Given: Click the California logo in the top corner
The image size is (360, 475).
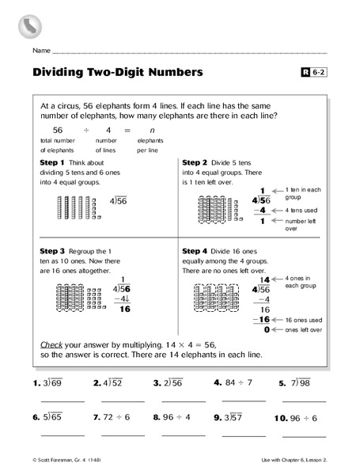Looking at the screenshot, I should [28, 25].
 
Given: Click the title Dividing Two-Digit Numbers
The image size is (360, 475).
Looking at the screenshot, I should [117, 72].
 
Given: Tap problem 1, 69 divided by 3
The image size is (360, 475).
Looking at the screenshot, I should [47, 383].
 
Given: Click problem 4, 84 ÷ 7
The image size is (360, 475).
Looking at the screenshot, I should [233, 382].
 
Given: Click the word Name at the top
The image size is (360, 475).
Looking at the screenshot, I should [42, 50].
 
